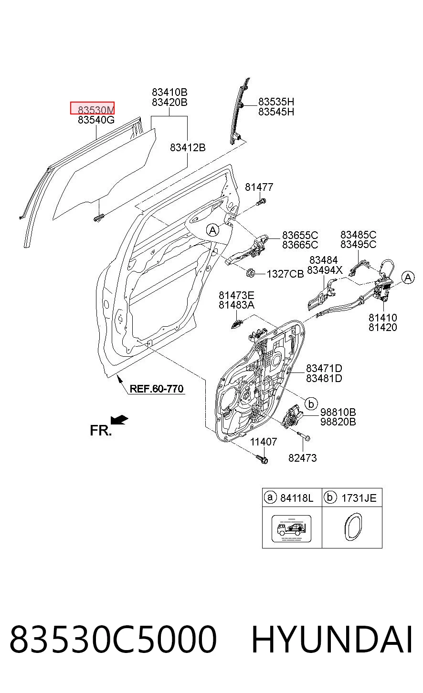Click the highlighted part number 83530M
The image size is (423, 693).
95,110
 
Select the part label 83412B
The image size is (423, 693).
188,147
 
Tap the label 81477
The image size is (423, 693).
259,187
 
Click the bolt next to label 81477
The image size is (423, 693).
260,201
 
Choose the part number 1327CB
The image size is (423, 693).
285,274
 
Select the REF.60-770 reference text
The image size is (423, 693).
157,389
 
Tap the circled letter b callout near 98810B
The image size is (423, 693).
311,404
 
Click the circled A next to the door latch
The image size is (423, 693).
408,278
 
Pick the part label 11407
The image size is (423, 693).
264,442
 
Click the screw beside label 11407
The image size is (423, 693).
262,459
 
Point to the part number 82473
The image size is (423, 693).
303,458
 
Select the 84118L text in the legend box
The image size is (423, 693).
296,498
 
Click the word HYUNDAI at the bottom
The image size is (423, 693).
332,640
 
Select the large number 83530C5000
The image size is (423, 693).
113,640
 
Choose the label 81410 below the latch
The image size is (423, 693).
383,318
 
